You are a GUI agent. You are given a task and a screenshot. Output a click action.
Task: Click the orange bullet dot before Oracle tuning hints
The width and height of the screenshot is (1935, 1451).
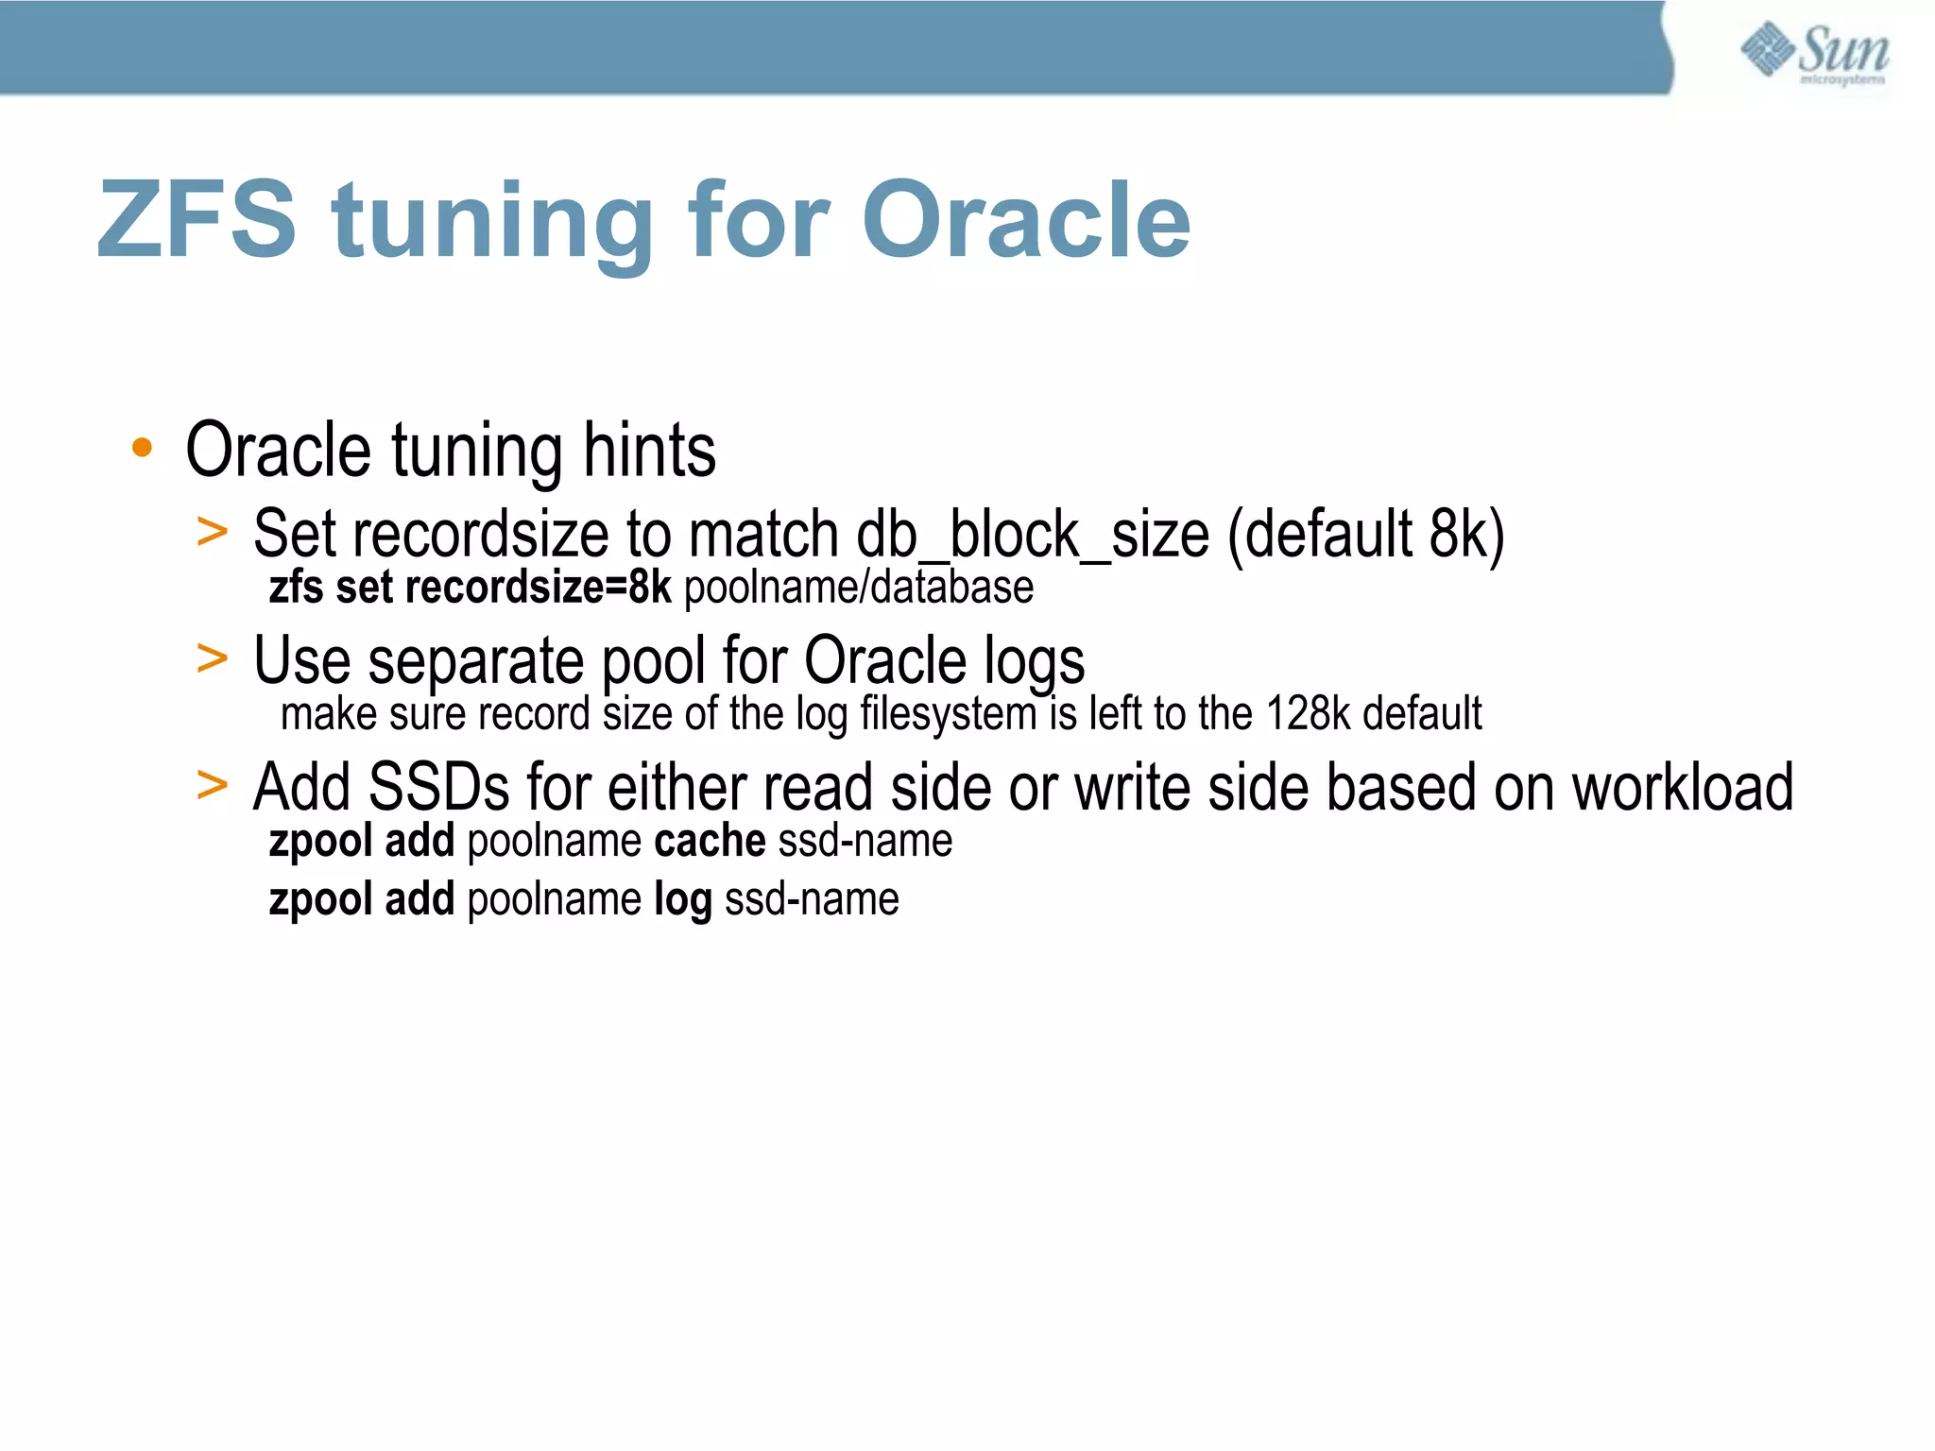[x=142, y=448]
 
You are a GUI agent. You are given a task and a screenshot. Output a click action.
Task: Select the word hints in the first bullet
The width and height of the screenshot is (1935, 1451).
[x=649, y=450]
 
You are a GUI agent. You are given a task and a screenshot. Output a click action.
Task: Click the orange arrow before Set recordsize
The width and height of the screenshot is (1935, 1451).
[x=213, y=532]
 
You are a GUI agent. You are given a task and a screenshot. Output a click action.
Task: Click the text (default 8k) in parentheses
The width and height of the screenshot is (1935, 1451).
[x=1365, y=535]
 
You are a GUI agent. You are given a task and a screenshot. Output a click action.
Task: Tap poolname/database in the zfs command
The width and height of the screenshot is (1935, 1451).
[x=858, y=587]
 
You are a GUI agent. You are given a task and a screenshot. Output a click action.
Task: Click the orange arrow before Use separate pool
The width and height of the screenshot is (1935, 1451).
[x=213, y=658]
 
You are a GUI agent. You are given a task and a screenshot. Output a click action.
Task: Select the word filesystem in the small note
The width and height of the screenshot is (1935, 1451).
[x=948, y=713]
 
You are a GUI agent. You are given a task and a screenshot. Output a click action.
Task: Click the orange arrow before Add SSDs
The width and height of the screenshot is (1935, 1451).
[x=213, y=785]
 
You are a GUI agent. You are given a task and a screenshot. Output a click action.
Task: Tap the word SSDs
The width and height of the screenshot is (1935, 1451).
[x=438, y=787]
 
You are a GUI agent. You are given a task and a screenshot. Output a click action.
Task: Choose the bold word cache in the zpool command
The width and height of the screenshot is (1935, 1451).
[x=710, y=840]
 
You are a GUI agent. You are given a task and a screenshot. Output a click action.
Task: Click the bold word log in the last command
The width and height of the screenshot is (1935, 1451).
[x=682, y=899]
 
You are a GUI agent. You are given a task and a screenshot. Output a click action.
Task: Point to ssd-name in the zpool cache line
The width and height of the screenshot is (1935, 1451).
[x=865, y=840]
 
